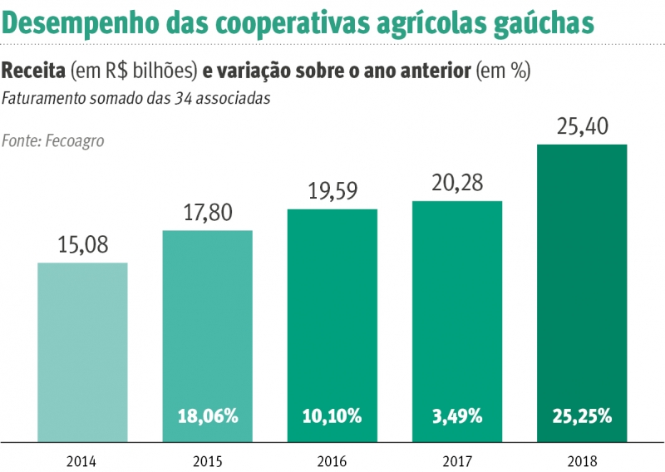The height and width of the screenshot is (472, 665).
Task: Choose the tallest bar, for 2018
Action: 581,291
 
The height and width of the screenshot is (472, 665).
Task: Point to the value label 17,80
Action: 207,213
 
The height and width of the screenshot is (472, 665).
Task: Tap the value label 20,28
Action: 456,183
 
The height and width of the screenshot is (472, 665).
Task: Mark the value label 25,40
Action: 581,127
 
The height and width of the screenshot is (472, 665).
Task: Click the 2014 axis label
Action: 82,460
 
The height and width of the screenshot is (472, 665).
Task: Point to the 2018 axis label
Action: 581,460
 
